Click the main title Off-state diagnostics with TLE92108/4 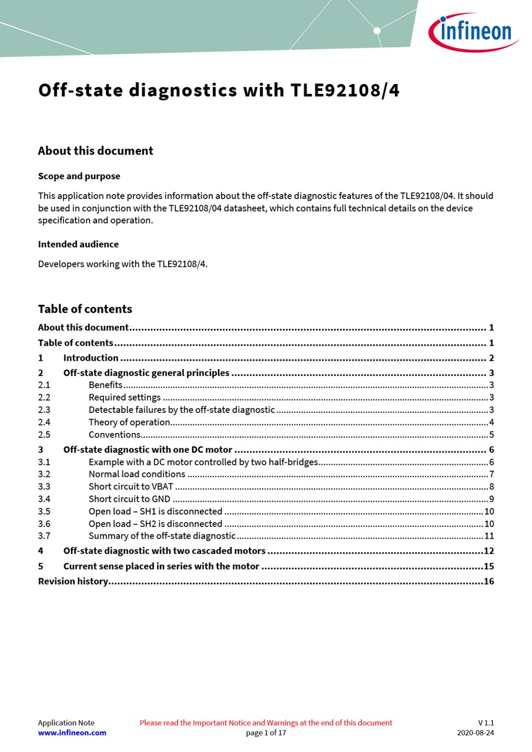coord(219,90)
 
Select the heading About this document coord(95,151)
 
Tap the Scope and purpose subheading coord(79,176)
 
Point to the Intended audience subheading coord(78,244)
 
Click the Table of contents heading coord(85,309)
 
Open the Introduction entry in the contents coord(91,358)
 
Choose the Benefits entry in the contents coord(106,385)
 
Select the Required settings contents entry coord(125,398)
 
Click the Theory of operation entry coord(129,422)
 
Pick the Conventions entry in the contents coord(115,435)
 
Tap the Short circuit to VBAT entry coord(131,486)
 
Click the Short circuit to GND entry coord(129,499)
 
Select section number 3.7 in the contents coord(44,536)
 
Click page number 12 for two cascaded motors coord(488,551)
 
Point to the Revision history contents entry coord(73,582)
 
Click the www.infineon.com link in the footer coord(72,733)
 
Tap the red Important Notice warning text coord(266,723)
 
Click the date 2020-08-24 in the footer coord(476,733)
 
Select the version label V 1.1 coord(486,723)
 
